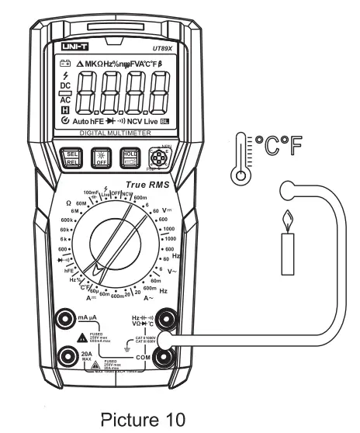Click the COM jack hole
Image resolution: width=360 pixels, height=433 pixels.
click(x=164, y=356)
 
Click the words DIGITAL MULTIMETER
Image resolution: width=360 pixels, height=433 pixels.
click(x=115, y=134)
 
